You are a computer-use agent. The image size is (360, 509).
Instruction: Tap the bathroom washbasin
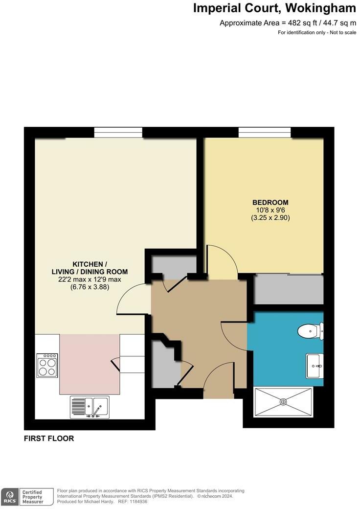tap(315, 366)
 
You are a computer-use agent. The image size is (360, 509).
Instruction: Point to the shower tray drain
tap(283, 402)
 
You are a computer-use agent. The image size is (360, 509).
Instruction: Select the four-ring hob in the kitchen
tap(47, 365)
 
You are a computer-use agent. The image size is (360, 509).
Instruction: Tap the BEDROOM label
tap(270, 202)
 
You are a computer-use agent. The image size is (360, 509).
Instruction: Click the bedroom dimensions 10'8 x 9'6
tap(270, 210)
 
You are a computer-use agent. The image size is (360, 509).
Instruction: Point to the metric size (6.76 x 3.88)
tap(90, 287)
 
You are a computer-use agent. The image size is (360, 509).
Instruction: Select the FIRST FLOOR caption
tap(49, 439)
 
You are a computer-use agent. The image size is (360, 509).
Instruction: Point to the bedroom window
tap(264, 132)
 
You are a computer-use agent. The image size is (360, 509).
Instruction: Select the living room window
tap(118, 132)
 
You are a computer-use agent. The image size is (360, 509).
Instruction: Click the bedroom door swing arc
tap(221, 259)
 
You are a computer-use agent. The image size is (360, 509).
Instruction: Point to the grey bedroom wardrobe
tap(289, 289)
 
